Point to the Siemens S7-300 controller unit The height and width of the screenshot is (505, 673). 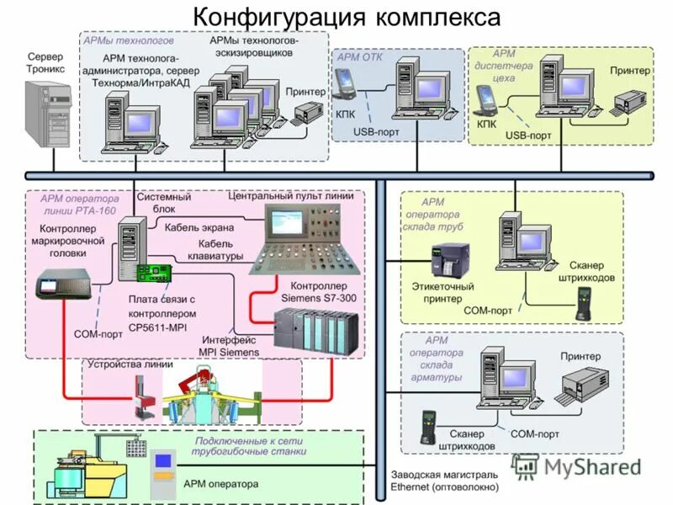coord(316,330)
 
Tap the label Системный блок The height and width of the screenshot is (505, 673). coord(164,203)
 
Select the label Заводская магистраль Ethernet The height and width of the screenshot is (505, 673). coord(444,481)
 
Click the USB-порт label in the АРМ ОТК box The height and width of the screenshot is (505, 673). coord(376,132)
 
